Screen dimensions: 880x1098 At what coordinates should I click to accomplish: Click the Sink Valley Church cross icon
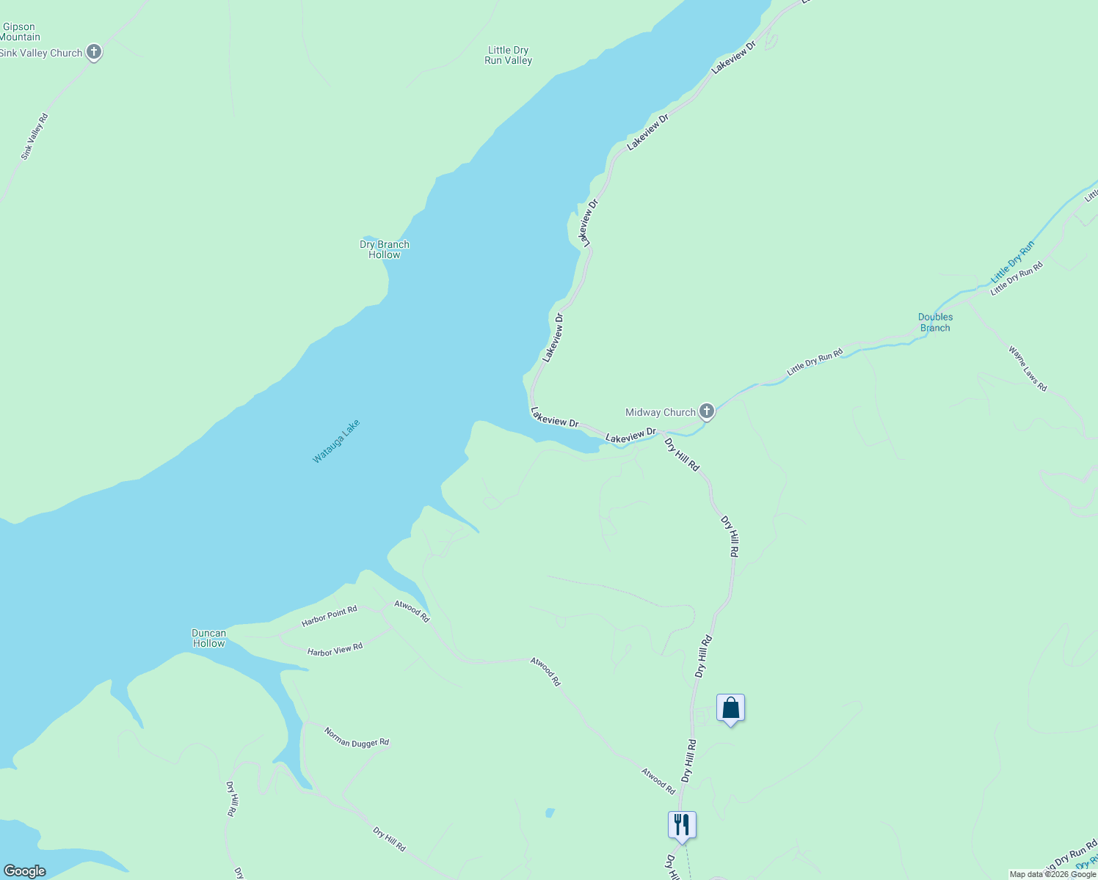coord(94,52)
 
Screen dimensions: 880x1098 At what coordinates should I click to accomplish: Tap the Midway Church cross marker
coord(707,411)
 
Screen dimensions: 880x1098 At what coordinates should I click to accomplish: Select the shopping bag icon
coord(730,708)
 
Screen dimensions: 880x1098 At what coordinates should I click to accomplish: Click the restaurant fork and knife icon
coord(682,825)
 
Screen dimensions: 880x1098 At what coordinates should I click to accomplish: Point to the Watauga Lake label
coord(336,441)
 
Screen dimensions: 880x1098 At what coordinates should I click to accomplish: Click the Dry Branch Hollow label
coord(385,249)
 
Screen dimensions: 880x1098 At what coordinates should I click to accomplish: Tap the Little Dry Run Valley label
coord(508,56)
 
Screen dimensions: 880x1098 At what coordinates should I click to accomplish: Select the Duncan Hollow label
coord(209,638)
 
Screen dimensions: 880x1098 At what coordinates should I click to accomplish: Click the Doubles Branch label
coord(935,323)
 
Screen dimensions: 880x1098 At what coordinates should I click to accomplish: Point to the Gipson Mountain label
coord(20,32)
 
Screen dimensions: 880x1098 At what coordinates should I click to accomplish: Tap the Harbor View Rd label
coord(335,650)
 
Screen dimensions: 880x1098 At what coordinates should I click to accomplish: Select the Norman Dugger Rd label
coord(357,738)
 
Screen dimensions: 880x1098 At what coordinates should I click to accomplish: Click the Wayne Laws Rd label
coord(1028,368)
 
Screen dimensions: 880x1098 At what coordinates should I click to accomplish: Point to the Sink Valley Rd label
coord(34,136)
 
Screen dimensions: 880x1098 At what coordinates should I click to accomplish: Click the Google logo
coord(24,871)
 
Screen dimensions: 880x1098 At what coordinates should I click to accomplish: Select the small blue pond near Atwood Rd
coord(550,813)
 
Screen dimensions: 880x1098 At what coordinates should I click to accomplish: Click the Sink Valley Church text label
coord(41,53)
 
